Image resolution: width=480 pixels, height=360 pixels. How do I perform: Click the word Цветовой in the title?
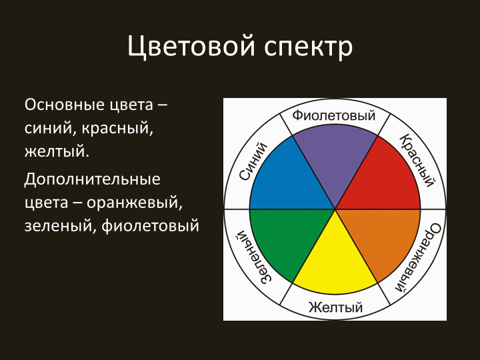(191, 47)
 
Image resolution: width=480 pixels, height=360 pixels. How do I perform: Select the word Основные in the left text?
(63, 105)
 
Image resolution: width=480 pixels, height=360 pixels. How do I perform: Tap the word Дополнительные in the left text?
(92, 180)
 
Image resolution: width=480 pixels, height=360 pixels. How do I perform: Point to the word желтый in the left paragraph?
(57, 151)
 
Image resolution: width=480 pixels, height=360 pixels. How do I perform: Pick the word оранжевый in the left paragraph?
(135, 203)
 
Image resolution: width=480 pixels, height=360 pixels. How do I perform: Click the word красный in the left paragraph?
(117, 129)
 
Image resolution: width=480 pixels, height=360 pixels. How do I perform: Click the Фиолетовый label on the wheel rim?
(334, 116)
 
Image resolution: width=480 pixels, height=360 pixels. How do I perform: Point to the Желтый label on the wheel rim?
(335, 307)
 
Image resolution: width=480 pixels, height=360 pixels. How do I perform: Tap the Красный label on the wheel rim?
(417, 160)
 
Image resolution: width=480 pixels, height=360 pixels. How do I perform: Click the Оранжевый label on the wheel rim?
(417, 257)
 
